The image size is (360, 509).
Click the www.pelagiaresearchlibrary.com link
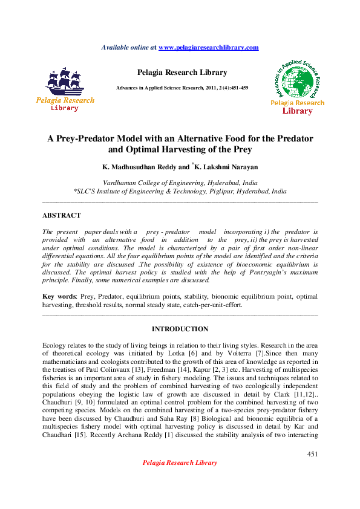coord(208,47)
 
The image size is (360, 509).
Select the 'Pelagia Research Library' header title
coord(182,73)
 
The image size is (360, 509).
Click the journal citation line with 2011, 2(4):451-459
coord(182,88)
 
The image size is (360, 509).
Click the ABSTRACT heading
coord(61,215)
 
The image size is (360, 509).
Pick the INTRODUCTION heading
coord(180,329)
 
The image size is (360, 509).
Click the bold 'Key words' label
coord(59,297)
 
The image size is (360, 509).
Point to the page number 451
coord(312,453)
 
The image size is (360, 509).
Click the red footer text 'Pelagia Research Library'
coord(179,462)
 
